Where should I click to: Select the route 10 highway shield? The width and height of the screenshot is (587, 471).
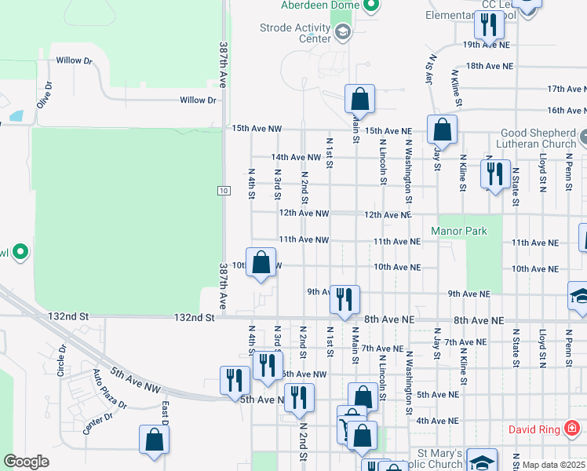coord(224,191)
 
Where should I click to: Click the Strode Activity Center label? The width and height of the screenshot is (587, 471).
coord(295,33)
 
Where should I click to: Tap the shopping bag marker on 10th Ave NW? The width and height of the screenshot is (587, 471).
coord(261,262)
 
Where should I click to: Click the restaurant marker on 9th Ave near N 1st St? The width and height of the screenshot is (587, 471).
coord(345,299)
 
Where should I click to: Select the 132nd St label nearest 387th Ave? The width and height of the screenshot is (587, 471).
coord(195,318)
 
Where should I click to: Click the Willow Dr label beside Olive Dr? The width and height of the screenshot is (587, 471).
coord(74,60)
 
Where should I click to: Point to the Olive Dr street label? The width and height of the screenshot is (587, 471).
coord(43,95)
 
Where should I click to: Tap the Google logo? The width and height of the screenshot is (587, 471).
coord(26,462)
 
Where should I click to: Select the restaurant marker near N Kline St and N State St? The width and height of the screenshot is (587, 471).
coord(494,173)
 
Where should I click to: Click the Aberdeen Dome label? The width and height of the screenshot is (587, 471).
coord(319,5)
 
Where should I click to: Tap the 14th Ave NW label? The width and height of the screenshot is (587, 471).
coord(296,158)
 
